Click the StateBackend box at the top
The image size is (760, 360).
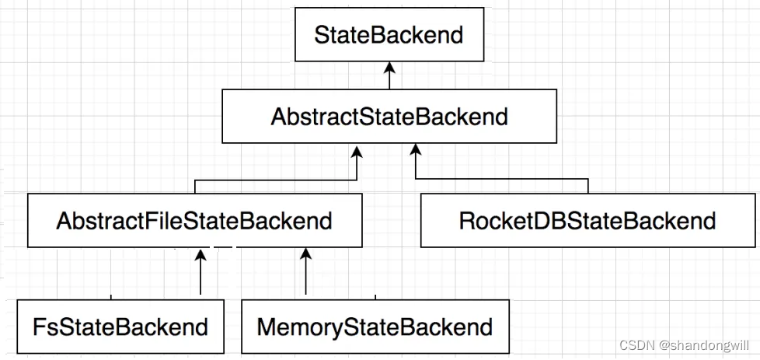[x=388, y=35]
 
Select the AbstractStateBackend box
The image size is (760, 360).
[x=389, y=116]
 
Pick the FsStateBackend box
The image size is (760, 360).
[x=120, y=326]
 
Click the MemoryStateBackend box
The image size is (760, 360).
[x=375, y=326]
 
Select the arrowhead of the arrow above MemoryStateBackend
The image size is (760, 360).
[x=305, y=253]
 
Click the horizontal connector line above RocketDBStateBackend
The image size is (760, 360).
[x=501, y=180]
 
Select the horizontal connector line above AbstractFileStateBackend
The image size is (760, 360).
[x=276, y=180]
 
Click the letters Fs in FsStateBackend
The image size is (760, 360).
[x=44, y=326]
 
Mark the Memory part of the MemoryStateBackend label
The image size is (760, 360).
[x=298, y=326]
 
